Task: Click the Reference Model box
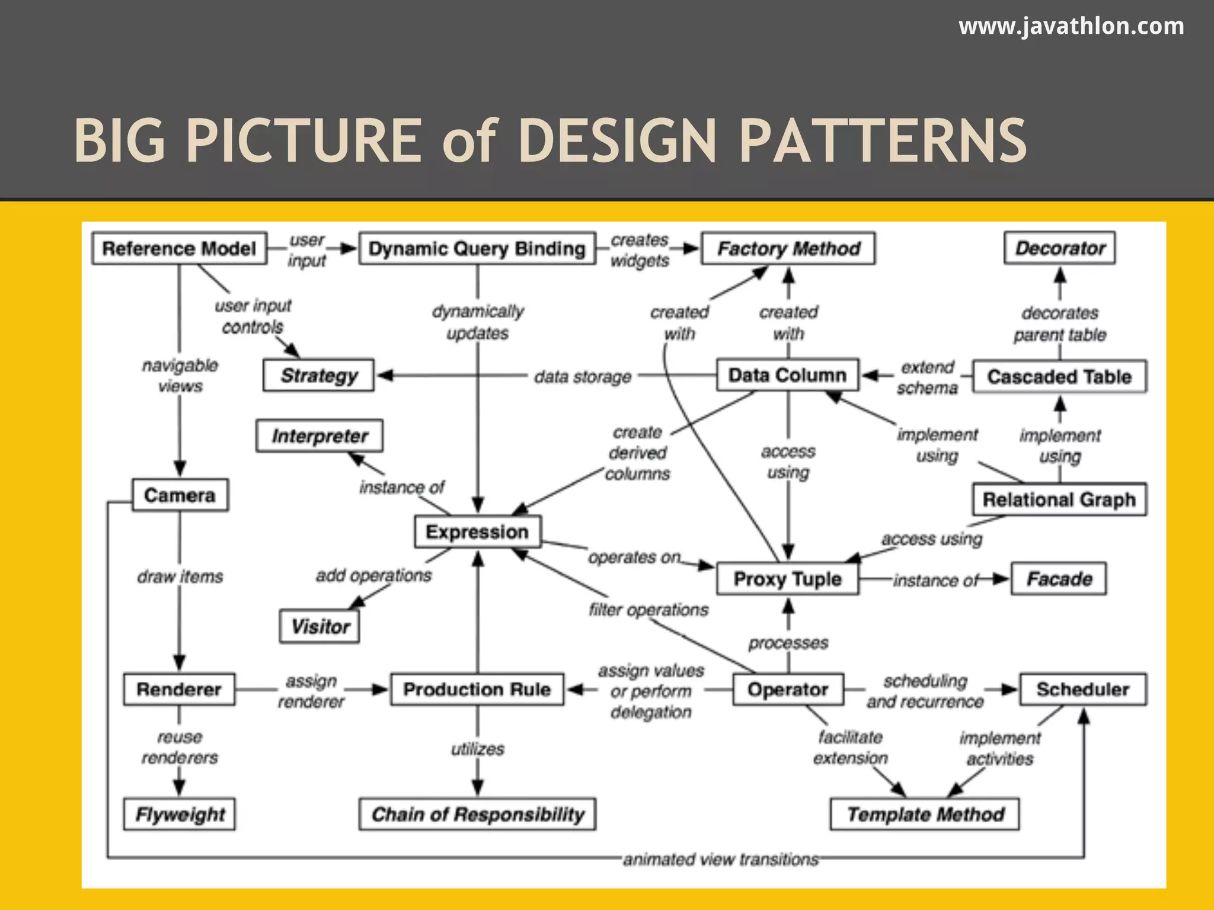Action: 179,248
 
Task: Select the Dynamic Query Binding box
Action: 477,248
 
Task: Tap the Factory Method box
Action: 788,248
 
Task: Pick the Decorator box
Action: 1060,248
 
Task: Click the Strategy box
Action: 319,375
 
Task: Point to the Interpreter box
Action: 320,436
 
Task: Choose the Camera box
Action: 180,495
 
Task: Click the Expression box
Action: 477,531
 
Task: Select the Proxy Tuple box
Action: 787,578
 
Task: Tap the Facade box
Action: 1059,578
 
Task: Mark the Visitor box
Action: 320,626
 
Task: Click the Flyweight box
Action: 180,814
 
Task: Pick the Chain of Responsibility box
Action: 477,814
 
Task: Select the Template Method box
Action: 925,814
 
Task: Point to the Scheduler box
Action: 1082,689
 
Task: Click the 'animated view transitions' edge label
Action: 720,859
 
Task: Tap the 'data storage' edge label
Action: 583,377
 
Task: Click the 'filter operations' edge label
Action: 648,610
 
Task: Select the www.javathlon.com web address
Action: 1071,26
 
